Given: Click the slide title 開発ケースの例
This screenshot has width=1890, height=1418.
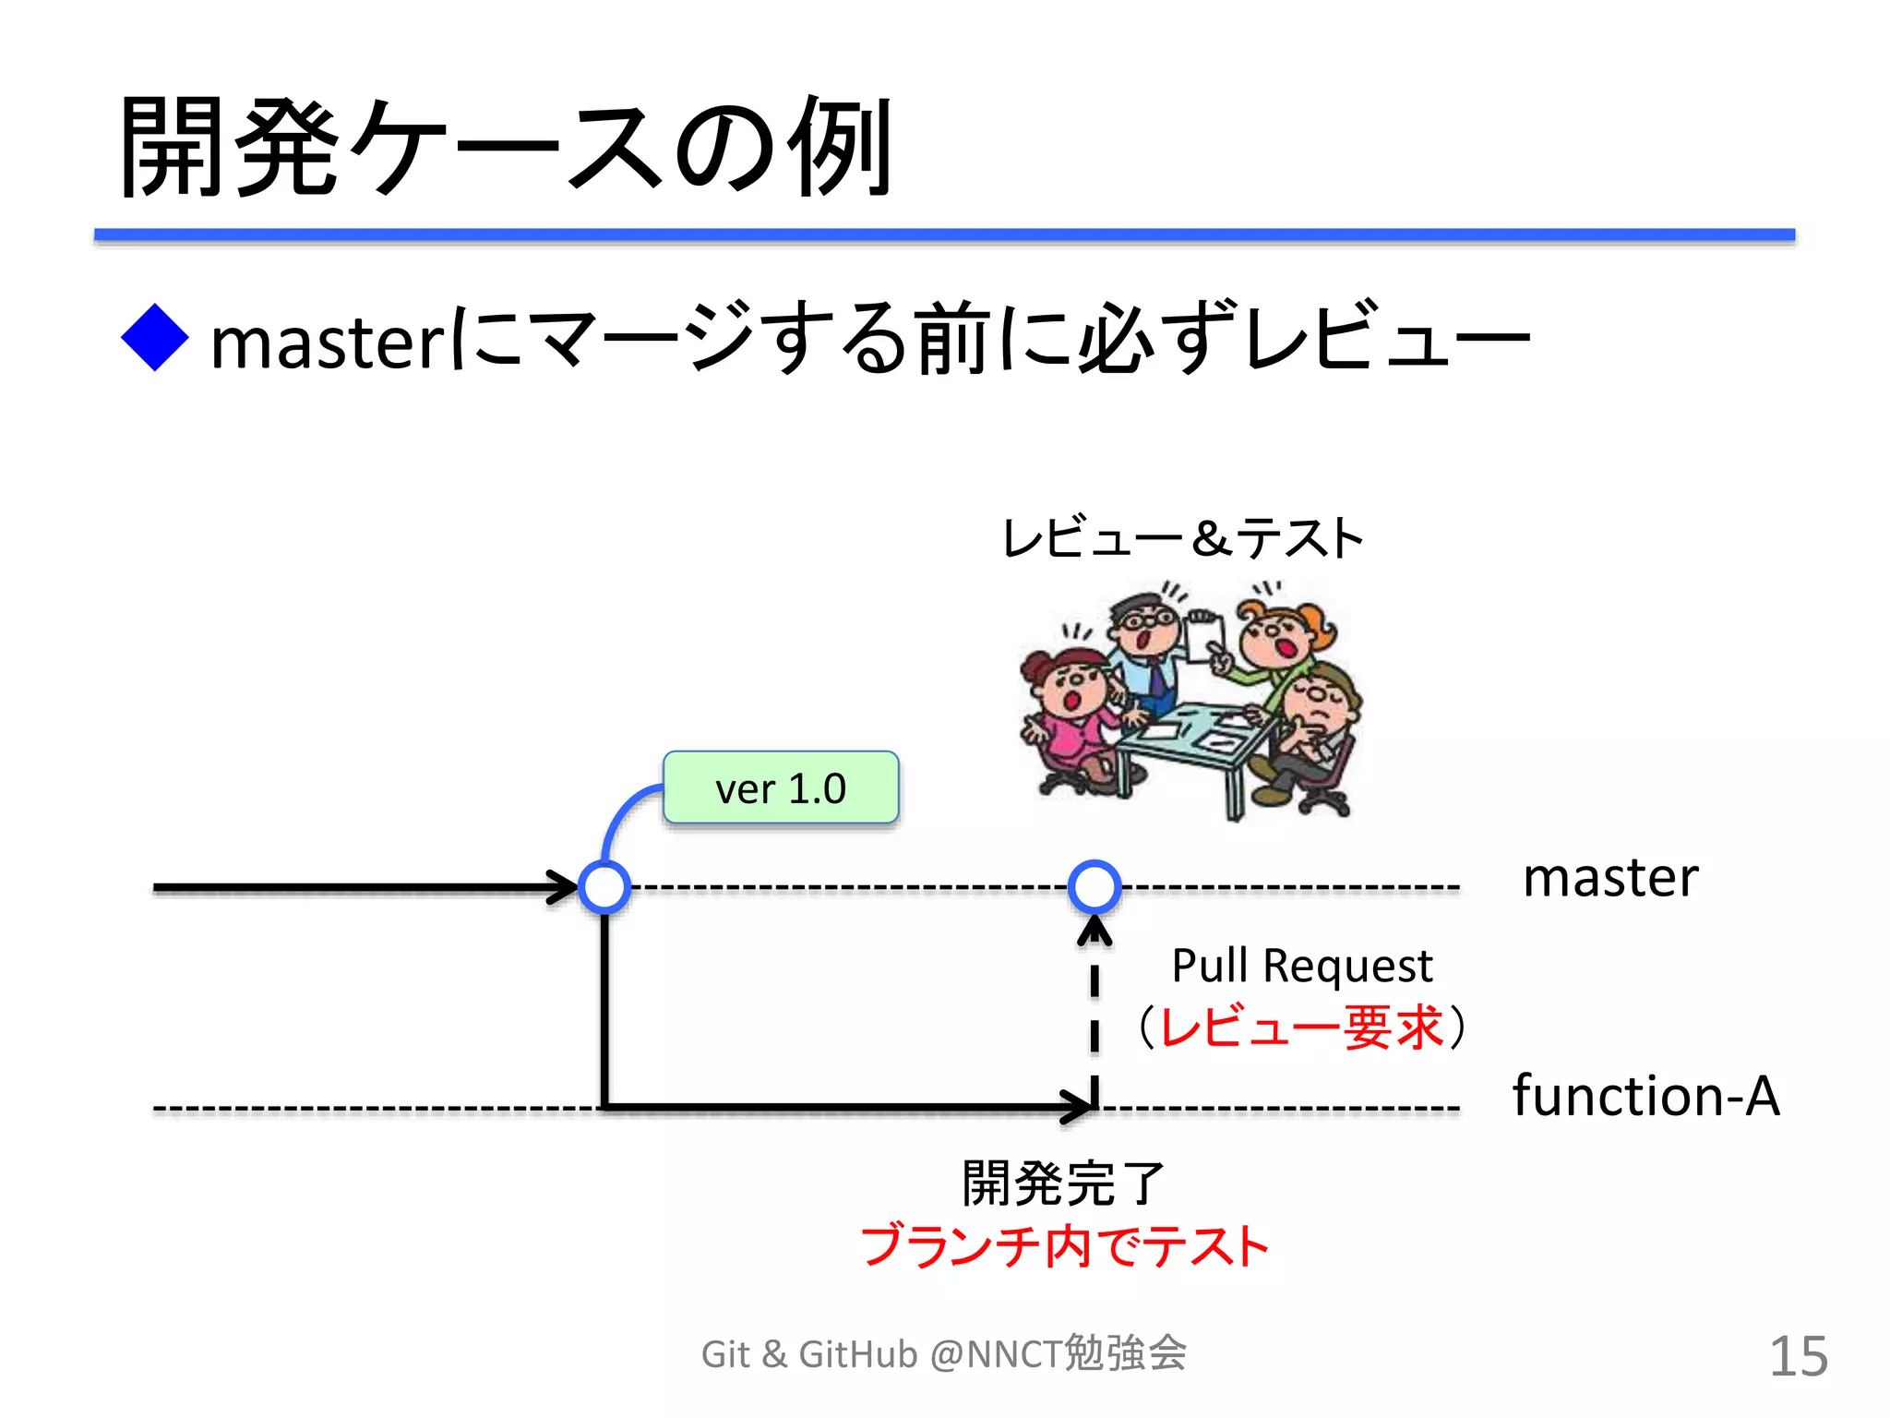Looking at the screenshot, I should (x=506, y=148).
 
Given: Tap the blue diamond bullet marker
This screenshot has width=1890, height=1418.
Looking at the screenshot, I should (x=155, y=338).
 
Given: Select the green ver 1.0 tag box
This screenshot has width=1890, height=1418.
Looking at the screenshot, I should (x=781, y=787).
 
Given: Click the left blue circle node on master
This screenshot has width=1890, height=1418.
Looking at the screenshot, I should (x=604, y=887).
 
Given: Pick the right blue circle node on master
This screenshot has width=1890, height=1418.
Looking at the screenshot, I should (x=1095, y=887).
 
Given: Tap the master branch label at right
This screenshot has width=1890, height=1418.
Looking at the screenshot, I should (x=1610, y=877).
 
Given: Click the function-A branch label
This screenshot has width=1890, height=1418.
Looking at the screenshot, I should (x=1645, y=1096).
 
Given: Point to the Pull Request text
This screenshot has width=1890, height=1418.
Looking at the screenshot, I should (x=1301, y=966).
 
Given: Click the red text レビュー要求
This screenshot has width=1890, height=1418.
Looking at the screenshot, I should (x=1301, y=1027).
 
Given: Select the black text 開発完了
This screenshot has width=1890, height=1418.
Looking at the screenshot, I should (x=1063, y=1184).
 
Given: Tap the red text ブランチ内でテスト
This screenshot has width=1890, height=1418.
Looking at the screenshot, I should (x=1064, y=1246).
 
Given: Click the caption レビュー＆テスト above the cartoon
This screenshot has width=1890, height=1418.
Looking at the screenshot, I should (x=1182, y=538).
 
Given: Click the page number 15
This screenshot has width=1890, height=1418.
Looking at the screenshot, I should (x=1798, y=1356).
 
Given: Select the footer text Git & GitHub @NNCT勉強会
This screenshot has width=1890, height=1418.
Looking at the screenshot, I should (x=943, y=1354).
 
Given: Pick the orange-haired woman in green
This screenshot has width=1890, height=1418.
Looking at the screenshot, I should (x=1278, y=646).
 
